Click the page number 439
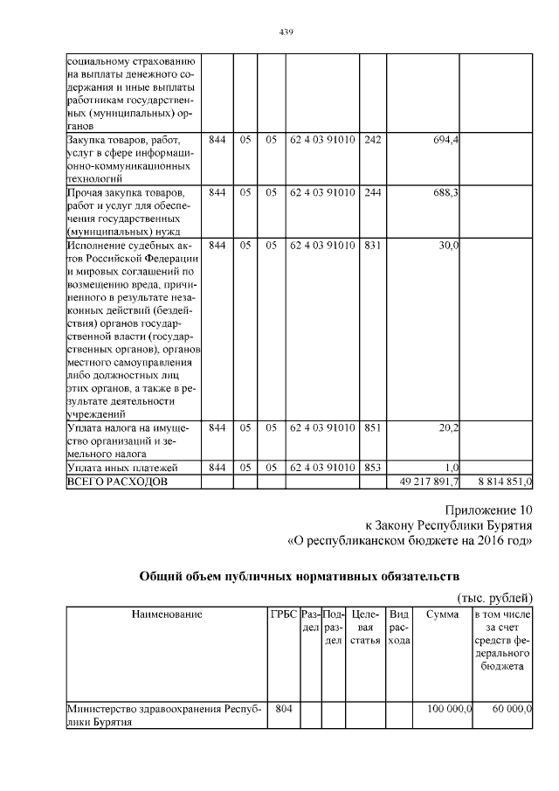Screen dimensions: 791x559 285,32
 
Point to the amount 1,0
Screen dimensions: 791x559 452,468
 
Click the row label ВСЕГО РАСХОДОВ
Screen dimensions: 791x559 115,482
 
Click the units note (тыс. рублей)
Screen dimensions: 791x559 495,597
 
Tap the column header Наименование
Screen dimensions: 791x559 167,614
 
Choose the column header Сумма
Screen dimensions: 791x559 442,614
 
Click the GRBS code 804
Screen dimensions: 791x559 283,709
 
